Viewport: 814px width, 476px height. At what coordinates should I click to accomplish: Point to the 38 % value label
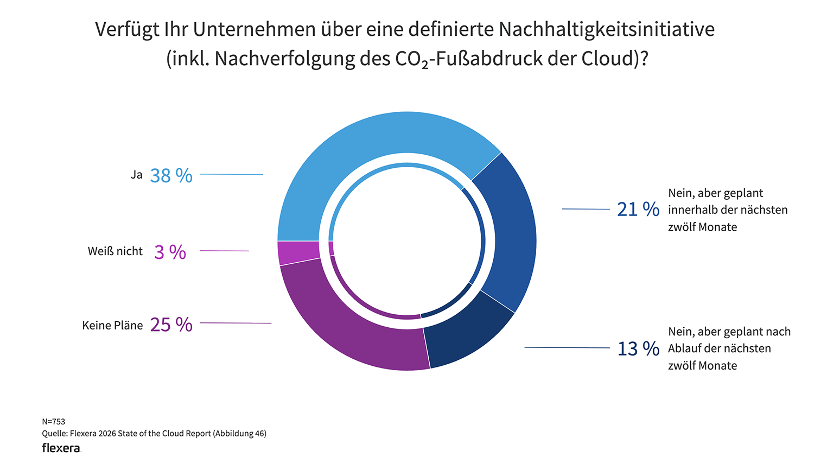tap(171, 176)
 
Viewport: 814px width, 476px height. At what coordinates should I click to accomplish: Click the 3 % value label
tap(170, 252)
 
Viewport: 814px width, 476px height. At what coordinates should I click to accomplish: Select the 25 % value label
tap(171, 325)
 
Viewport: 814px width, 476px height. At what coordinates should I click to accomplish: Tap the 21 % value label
tap(638, 210)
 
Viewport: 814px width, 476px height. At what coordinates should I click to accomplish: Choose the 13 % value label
tap(638, 348)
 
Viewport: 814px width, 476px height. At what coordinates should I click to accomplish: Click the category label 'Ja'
tap(136, 175)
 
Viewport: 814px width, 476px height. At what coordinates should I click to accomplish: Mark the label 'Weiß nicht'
tap(115, 251)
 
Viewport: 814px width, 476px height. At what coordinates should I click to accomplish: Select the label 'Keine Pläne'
tap(112, 325)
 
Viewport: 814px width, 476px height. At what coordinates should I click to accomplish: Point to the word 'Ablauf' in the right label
tap(684, 348)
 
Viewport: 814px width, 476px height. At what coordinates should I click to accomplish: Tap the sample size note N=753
tap(53, 422)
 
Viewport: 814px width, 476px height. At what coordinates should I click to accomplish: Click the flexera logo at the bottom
tap(61, 448)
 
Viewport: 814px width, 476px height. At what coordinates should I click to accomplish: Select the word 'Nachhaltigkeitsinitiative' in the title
tap(606, 29)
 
